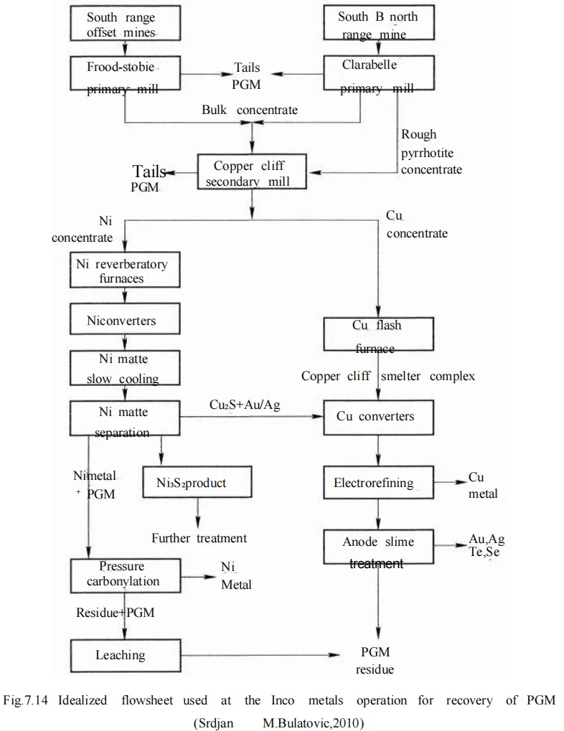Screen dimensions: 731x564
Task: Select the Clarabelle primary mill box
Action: [378, 75]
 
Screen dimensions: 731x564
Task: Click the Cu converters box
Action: [378, 417]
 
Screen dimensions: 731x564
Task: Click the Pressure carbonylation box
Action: [123, 574]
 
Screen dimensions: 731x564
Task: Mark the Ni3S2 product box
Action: [197, 483]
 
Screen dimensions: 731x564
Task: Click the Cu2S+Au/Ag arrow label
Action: [245, 406]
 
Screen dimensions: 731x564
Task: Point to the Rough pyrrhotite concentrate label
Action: [431, 152]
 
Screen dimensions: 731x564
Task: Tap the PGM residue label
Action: [375, 661]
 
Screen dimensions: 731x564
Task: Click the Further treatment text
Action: [199, 537]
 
